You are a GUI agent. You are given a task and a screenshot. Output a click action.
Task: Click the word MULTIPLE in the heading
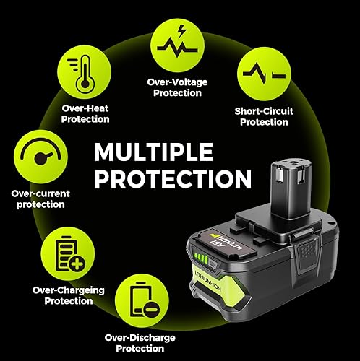click(154, 153)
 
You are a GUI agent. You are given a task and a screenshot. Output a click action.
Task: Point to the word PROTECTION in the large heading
click(173, 178)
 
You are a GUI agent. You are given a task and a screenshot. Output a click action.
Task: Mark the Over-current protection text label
click(38, 199)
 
